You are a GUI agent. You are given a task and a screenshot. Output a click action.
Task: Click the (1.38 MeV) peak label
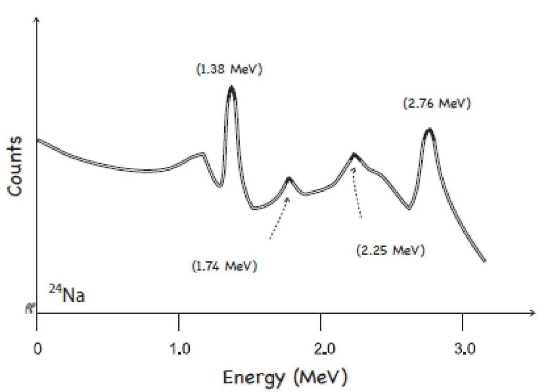(x=230, y=70)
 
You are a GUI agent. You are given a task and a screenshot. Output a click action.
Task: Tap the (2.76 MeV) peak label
(x=436, y=103)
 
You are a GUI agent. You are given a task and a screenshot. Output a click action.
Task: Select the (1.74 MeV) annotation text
(x=224, y=265)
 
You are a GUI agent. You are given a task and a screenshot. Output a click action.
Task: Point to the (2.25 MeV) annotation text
(x=391, y=250)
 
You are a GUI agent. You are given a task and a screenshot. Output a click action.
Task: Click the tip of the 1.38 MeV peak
(x=232, y=87)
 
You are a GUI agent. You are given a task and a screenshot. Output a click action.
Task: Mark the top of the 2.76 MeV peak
(x=429, y=130)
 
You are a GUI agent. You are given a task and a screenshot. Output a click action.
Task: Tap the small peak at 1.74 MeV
(x=288, y=178)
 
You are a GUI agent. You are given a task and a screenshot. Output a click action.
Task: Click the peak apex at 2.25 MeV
(x=354, y=155)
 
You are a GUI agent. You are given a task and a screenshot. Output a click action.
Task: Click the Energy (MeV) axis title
(x=285, y=377)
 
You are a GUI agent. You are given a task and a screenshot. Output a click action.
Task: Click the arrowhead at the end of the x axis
(x=531, y=313)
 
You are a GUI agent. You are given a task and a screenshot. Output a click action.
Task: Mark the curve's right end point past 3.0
(x=485, y=261)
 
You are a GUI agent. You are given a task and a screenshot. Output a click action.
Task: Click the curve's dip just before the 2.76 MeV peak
(x=409, y=209)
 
